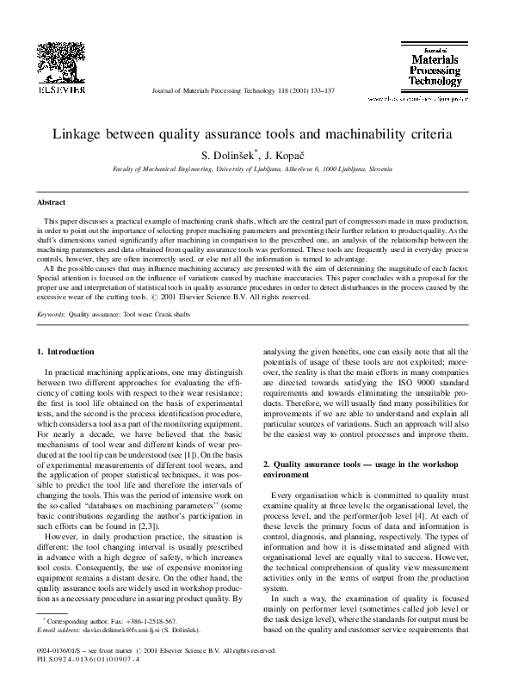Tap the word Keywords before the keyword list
pos(50,316)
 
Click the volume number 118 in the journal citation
pos(281,89)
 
